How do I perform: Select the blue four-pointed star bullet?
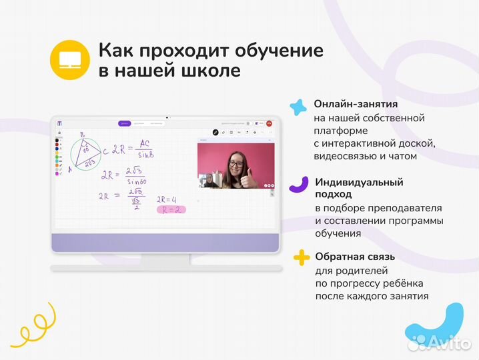(298, 107)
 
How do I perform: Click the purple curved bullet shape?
(300, 184)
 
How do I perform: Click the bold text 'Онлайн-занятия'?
(356, 104)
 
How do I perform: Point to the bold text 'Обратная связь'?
(356, 257)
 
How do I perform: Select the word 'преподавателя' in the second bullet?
(412, 208)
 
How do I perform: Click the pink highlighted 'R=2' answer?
(171, 209)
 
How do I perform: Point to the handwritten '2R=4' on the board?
(166, 199)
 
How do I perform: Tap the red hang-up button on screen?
(269, 123)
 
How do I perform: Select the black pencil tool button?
(215, 132)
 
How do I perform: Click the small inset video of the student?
(208, 181)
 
